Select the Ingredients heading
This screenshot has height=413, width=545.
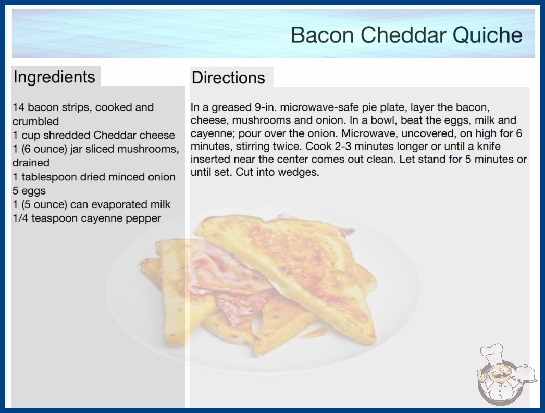(x=54, y=77)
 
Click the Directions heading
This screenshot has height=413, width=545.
(x=228, y=78)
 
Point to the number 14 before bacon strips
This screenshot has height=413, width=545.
(x=18, y=107)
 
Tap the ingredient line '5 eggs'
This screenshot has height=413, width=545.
(x=29, y=191)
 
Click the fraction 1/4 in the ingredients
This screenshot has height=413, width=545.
(x=20, y=218)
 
